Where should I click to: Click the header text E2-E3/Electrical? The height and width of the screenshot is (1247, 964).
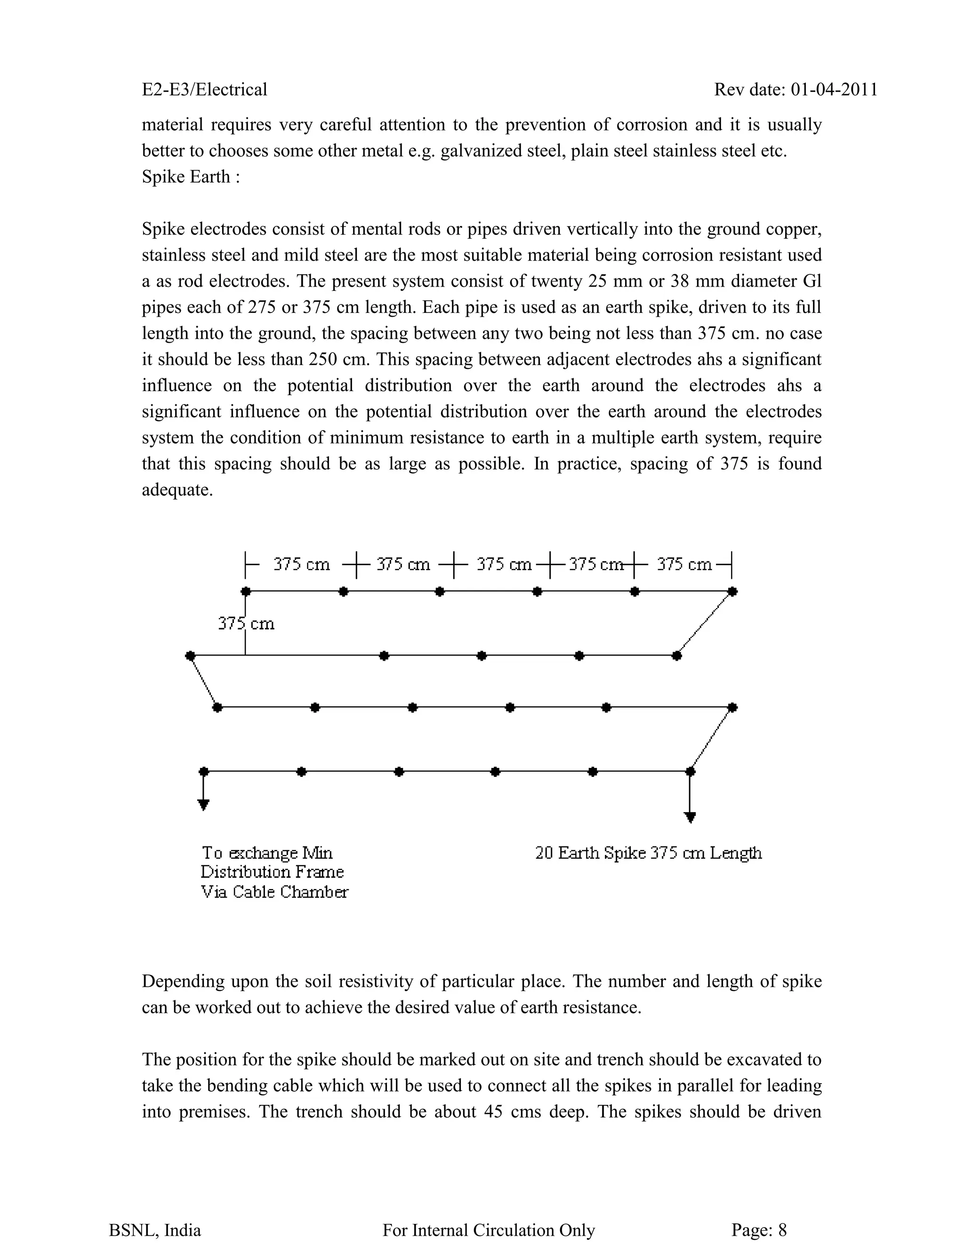coord(204,89)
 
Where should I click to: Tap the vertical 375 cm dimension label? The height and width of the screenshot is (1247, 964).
coord(246,623)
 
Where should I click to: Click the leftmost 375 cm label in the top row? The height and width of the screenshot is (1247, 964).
coord(302,564)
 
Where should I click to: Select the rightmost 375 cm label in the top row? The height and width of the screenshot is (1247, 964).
coord(683,564)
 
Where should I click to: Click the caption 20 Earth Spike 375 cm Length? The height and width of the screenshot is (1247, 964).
coord(648,853)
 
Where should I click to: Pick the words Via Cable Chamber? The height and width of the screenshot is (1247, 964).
coord(274,892)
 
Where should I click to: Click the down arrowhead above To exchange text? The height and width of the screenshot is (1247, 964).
coord(203,805)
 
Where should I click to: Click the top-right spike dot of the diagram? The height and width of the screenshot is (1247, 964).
coord(733,592)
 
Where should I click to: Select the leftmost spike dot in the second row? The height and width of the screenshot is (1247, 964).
coord(190,655)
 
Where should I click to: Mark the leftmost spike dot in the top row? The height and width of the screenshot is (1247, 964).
coord(246,592)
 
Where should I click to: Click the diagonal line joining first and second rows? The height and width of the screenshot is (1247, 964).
coord(705,623)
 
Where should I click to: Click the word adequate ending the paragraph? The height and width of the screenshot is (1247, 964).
coord(177,490)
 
